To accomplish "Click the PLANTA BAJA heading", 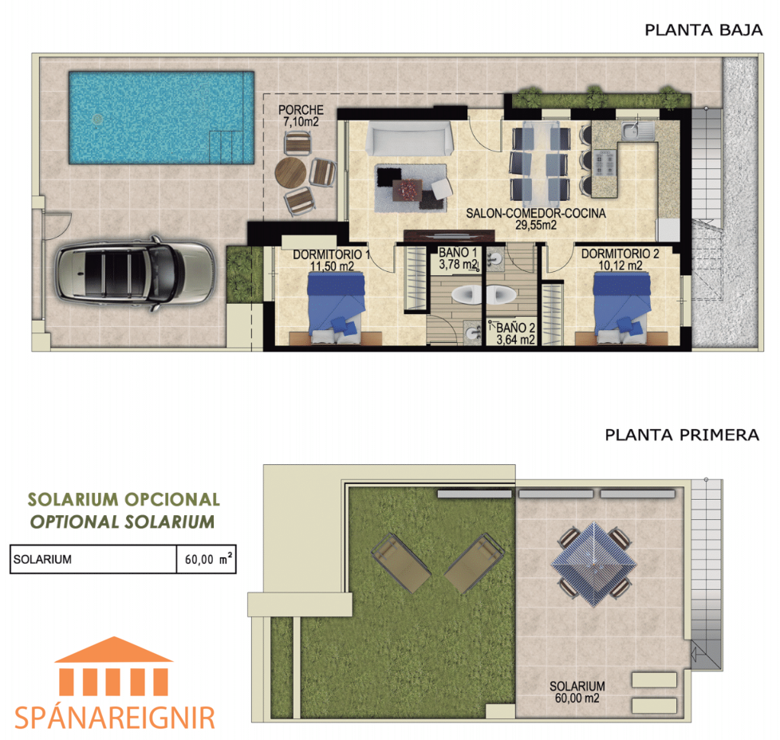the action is click(x=703, y=30).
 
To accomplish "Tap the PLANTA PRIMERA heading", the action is click(x=682, y=435).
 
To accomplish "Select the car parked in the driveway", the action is click(x=135, y=273).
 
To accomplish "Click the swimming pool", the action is click(x=162, y=118).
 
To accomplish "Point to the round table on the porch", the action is click(x=290, y=172).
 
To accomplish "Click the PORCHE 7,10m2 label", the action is click(x=301, y=116).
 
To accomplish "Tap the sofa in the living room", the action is click(x=409, y=139).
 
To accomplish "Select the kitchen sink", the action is click(x=638, y=131).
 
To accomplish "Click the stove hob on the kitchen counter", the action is click(x=605, y=163).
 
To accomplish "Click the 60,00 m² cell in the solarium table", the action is click(x=207, y=560).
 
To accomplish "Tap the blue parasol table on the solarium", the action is click(x=594, y=564).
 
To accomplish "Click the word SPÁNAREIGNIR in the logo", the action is click(x=115, y=717).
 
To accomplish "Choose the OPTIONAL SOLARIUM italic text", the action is click(x=122, y=522).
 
